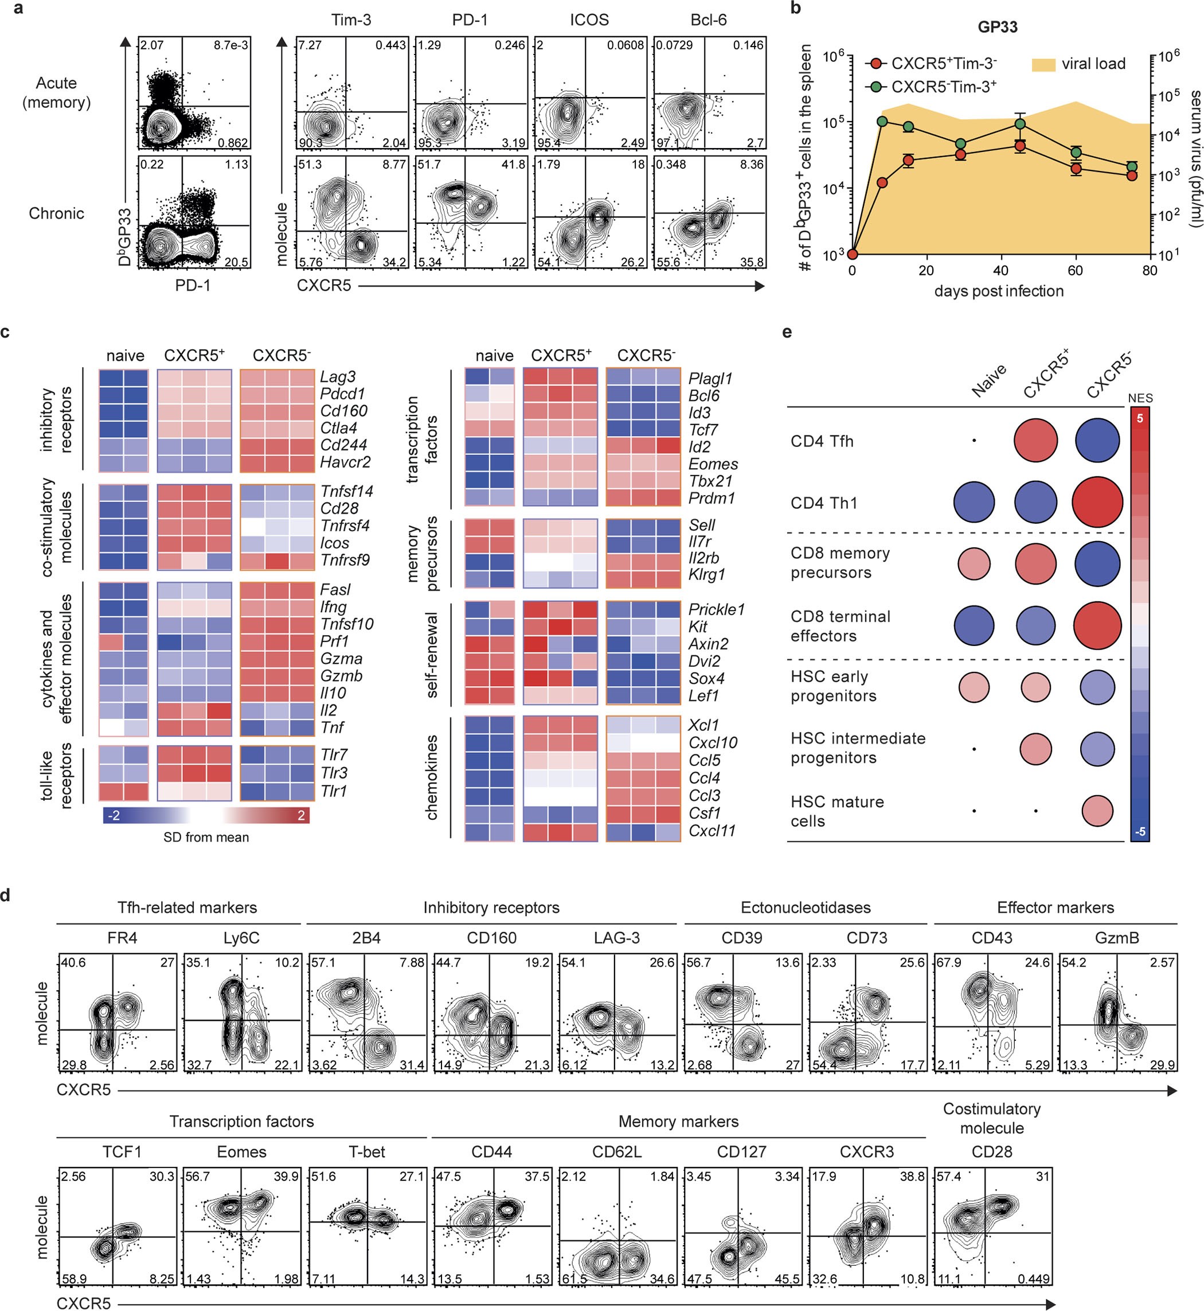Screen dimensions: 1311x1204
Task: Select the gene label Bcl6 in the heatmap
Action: coord(703,396)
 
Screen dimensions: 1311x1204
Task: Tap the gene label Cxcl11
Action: coord(712,831)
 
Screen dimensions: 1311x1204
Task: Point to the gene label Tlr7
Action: coord(333,755)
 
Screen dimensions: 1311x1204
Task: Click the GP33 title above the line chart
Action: coord(997,27)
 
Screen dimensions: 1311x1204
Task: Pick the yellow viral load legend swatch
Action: coord(1043,64)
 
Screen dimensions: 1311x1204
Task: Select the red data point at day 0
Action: coord(852,254)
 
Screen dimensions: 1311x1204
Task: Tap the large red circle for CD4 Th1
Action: coord(1097,503)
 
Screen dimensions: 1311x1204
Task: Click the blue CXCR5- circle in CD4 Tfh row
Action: coord(1097,441)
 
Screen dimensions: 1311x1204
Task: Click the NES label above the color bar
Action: coord(1140,398)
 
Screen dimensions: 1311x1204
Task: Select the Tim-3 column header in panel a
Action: coord(350,20)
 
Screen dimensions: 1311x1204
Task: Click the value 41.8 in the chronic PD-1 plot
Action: coord(514,165)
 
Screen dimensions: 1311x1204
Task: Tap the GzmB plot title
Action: coord(1117,938)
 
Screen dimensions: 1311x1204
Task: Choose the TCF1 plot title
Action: coord(122,1152)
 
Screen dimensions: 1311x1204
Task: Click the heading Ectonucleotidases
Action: coord(806,908)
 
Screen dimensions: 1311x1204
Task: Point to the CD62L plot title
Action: coord(616,1152)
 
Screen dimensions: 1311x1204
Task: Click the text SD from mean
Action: coord(206,837)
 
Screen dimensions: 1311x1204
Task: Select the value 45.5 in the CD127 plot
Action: coord(787,1279)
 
